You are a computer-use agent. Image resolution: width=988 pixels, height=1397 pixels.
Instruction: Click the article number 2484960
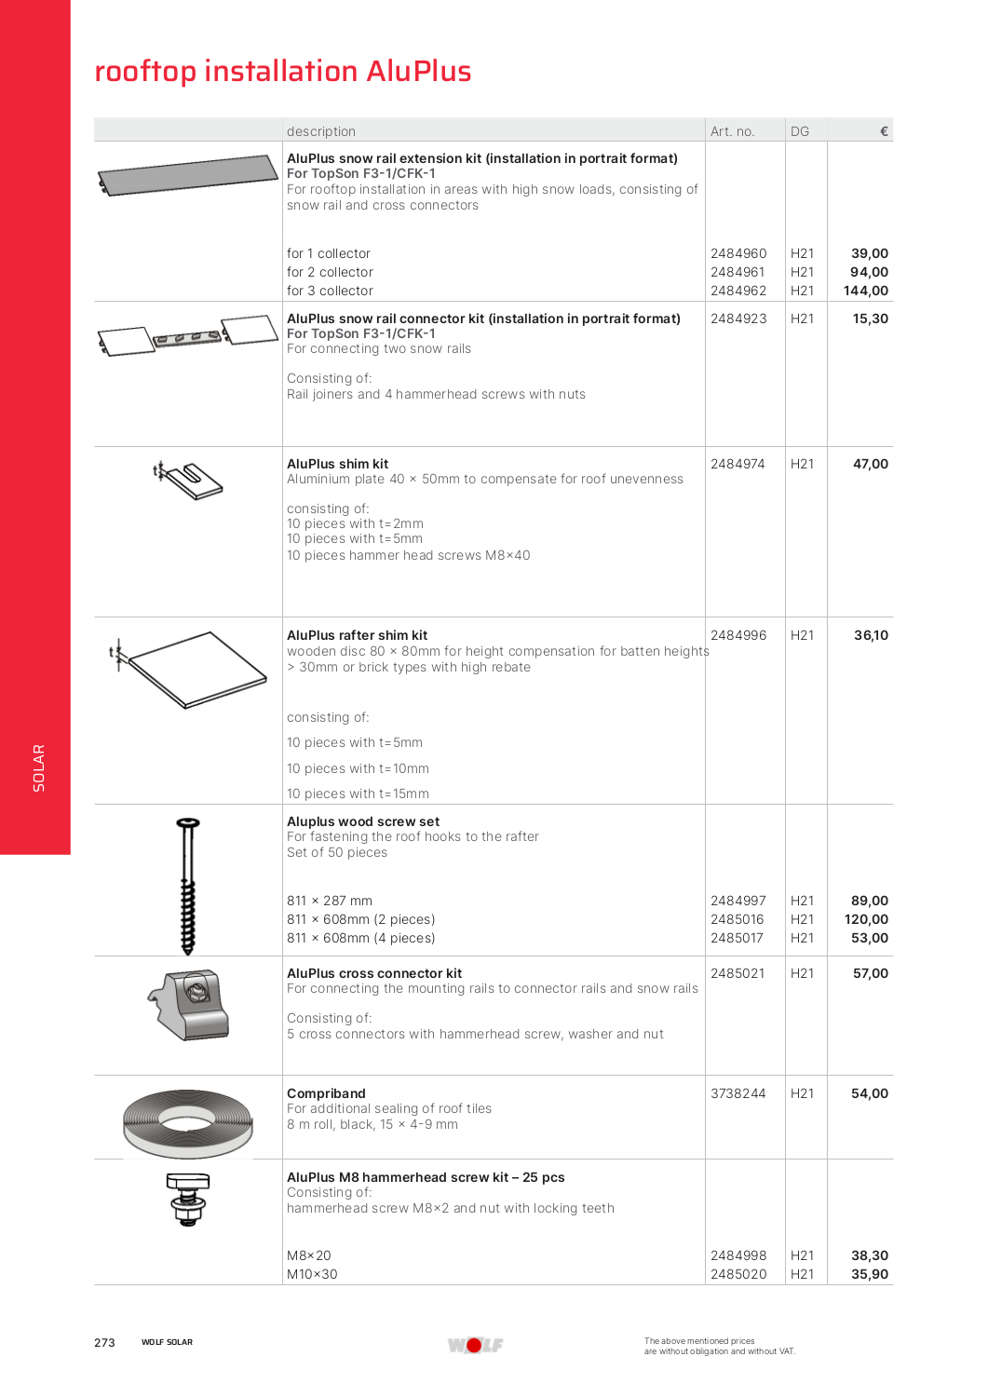738,253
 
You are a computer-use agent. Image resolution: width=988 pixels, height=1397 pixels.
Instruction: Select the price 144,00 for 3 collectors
866,291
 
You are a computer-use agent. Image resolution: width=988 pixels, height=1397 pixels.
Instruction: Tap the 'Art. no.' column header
732,131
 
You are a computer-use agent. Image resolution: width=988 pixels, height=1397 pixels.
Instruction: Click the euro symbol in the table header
884,131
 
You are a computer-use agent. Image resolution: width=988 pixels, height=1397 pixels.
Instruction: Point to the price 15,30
871,319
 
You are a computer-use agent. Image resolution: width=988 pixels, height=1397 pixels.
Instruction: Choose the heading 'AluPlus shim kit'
337,464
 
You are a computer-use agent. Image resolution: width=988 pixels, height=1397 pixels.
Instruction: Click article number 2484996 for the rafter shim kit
738,635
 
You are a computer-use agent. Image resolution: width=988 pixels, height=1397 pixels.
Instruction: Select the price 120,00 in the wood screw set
866,919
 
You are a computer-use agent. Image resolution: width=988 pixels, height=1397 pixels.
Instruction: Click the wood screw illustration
188,885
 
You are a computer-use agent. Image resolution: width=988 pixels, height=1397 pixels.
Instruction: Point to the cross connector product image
192,1004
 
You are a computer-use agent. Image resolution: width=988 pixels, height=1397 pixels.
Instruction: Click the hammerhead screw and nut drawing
188,1199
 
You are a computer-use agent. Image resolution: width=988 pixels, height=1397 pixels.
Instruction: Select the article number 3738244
738,1093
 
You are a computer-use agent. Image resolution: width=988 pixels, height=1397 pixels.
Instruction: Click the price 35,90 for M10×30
870,1274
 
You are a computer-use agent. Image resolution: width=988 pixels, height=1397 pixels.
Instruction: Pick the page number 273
104,1342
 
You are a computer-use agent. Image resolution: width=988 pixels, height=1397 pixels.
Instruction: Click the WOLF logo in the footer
475,1345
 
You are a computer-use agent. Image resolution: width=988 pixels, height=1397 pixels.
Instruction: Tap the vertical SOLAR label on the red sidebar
38,767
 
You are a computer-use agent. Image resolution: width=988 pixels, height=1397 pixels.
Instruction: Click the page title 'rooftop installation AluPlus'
283,71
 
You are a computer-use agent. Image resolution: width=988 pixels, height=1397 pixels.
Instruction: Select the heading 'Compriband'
326,1093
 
